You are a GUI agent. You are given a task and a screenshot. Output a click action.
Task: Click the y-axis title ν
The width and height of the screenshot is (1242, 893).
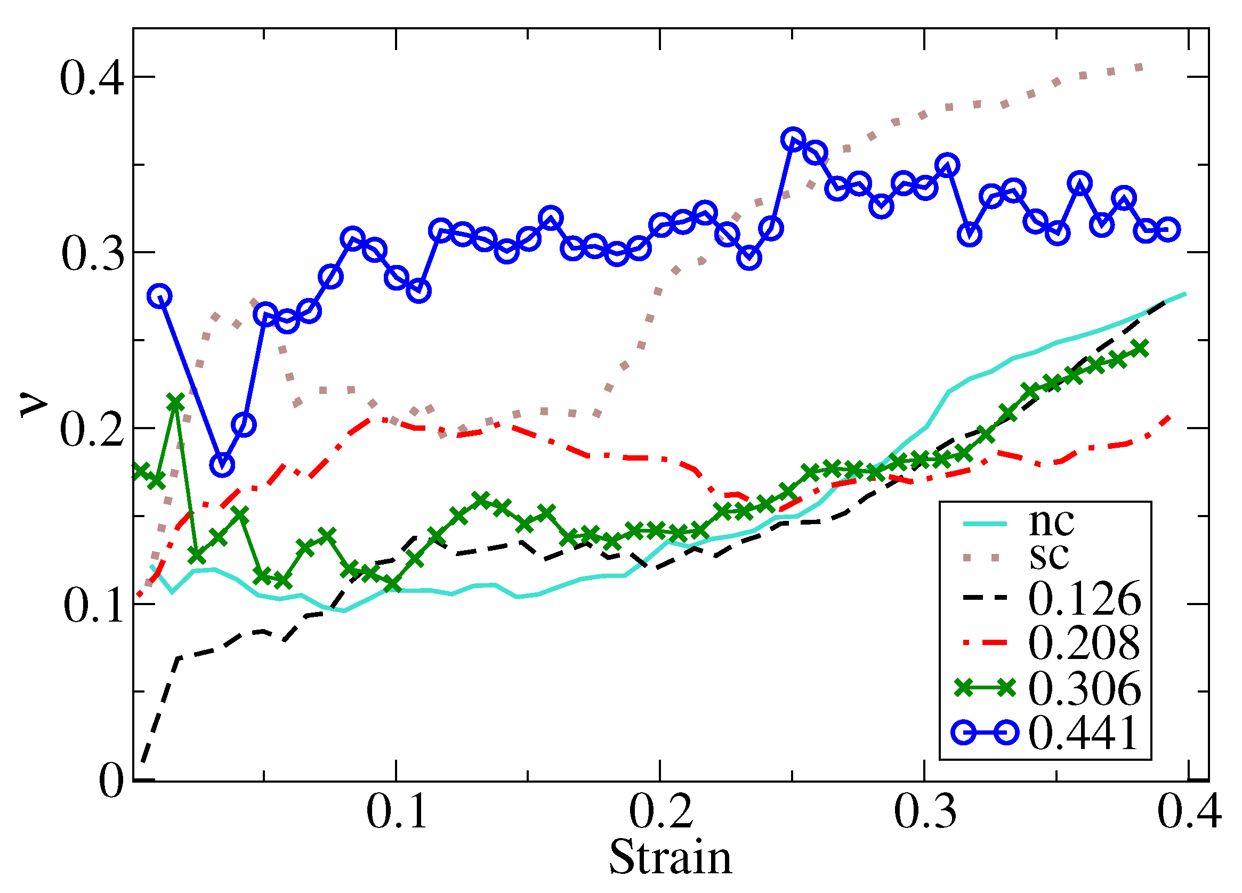pyautogui.click(x=34, y=405)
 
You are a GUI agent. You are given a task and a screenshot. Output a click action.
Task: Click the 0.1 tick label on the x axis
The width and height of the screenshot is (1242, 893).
pyautogui.click(x=396, y=811)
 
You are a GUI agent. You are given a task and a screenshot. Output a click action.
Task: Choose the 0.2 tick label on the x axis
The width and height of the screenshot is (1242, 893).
pyautogui.click(x=660, y=811)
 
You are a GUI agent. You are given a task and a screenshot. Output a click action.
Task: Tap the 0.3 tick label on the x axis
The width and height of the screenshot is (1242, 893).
pyautogui.click(x=925, y=811)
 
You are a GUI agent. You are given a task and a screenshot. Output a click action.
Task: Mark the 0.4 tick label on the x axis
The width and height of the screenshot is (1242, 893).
pyautogui.click(x=1189, y=811)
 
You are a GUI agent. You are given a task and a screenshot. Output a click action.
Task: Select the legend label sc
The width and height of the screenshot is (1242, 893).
pyautogui.click(x=1049, y=556)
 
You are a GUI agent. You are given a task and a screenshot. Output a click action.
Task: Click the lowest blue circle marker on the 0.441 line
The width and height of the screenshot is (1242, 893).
pyautogui.click(x=222, y=464)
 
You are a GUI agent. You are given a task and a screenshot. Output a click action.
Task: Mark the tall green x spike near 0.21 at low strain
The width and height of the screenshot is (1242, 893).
pyautogui.click(x=175, y=401)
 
